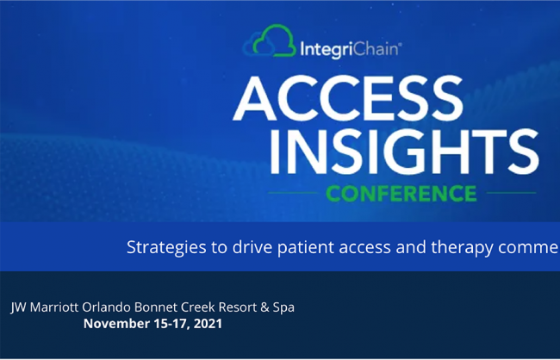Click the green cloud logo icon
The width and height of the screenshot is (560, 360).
[x=274, y=40]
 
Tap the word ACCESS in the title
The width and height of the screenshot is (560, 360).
[x=349, y=98]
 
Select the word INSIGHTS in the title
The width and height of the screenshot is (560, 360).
[x=404, y=152]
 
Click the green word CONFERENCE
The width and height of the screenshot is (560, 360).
[x=401, y=193]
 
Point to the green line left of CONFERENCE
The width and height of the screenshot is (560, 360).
[x=293, y=193]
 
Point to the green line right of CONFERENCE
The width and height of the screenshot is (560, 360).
[x=512, y=193]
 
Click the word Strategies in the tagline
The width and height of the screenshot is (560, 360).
[x=166, y=247]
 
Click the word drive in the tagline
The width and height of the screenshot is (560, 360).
[x=252, y=247]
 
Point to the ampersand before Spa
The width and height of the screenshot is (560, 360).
[x=264, y=307]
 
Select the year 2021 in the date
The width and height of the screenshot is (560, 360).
[x=208, y=324]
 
